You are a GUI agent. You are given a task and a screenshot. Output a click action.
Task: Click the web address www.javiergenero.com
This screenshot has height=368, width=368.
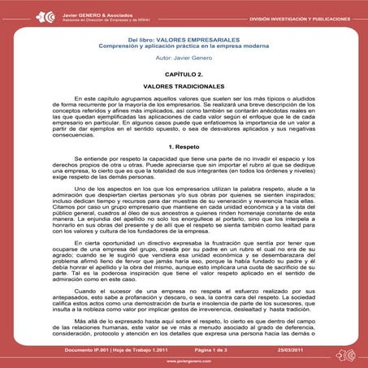click(184, 361)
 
